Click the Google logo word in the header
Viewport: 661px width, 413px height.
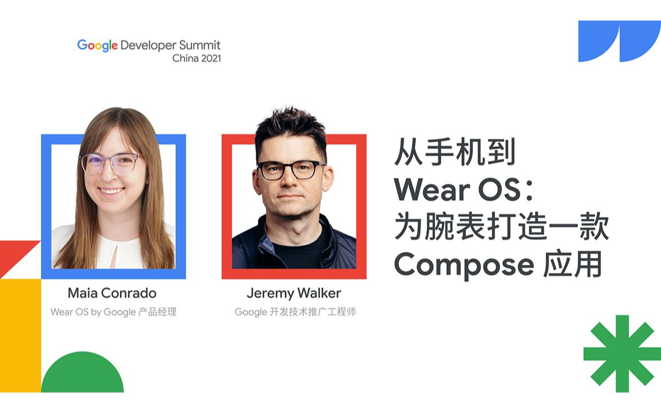(97, 46)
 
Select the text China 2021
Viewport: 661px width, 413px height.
(196, 58)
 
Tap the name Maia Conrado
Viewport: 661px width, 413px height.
(112, 293)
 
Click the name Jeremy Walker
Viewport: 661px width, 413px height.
(294, 293)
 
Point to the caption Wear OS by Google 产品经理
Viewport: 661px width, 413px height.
(113, 312)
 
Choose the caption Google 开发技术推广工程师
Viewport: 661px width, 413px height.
(295, 312)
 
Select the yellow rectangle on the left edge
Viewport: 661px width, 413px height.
(20, 335)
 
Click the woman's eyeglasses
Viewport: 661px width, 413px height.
(110, 163)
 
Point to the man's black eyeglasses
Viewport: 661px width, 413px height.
(291, 170)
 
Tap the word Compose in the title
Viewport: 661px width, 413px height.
(464, 265)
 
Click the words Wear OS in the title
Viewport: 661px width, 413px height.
(457, 190)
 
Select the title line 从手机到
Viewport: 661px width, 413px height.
(455, 153)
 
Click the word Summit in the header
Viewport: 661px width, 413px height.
(200, 45)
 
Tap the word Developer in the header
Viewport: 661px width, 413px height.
(148, 45)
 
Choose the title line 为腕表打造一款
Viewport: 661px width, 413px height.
(501, 227)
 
